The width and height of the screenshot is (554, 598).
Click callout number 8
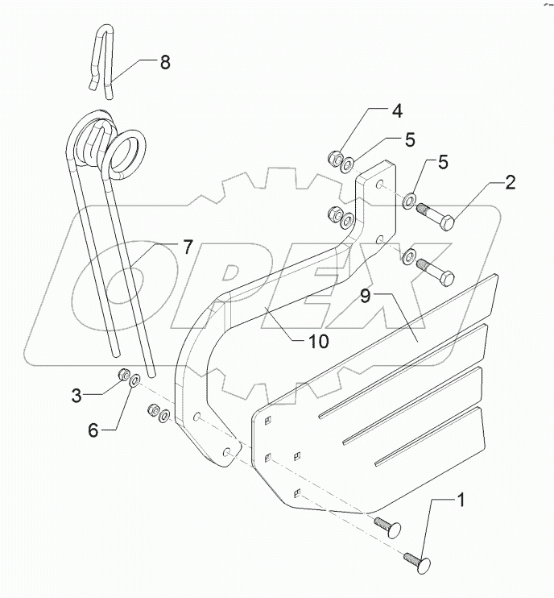pos(164,63)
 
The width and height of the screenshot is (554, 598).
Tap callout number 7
pos(187,247)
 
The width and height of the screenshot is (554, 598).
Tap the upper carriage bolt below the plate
pos(386,526)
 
